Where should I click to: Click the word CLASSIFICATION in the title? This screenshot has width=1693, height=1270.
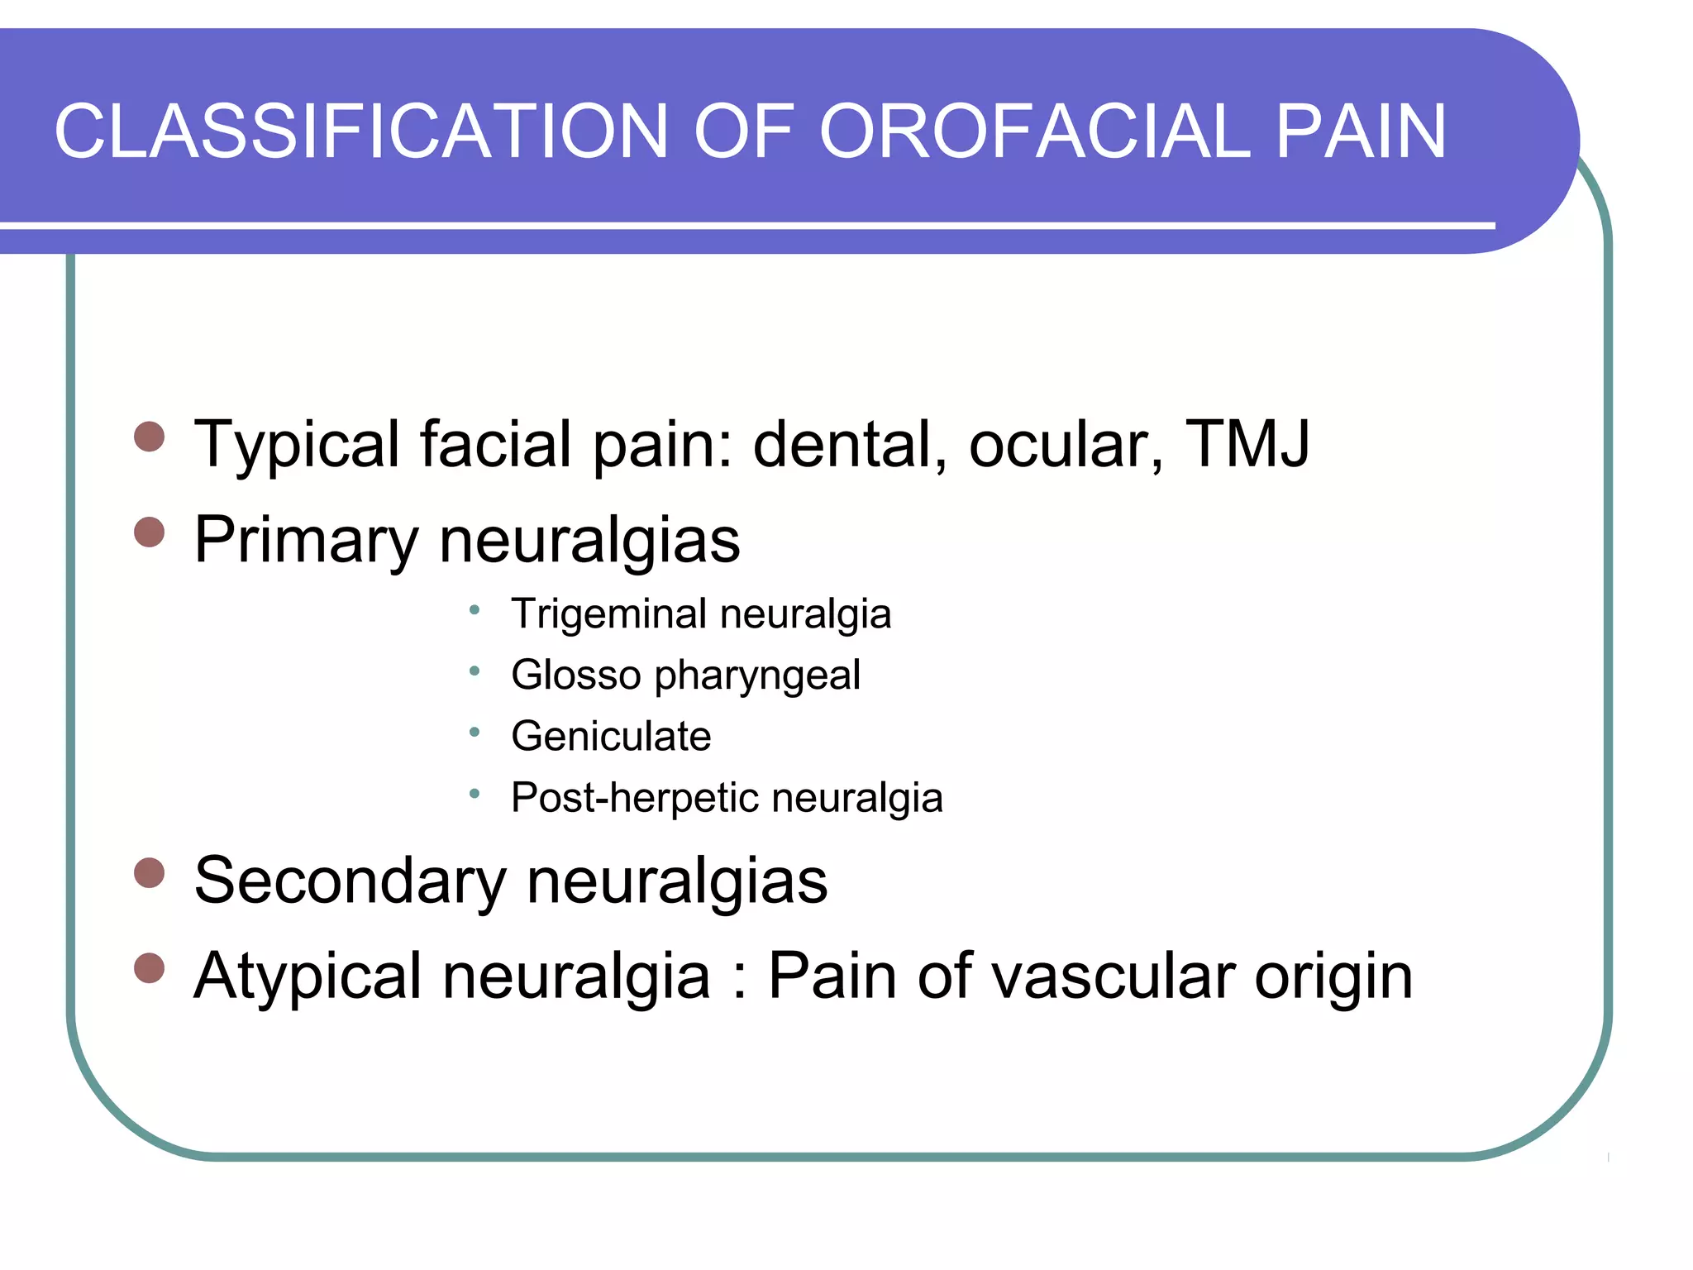click(360, 132)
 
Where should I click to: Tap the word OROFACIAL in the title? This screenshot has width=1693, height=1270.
click(1034, 132)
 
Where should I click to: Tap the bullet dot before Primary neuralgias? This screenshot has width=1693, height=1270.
click(149, 532)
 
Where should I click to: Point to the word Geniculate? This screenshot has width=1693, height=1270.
click(611, 736)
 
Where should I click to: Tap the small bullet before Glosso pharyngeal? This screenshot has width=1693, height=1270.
click(474, 671)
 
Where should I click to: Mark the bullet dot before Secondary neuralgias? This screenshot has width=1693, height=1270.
click(149, 872)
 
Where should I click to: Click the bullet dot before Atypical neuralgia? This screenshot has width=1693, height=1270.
click(149, 967)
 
